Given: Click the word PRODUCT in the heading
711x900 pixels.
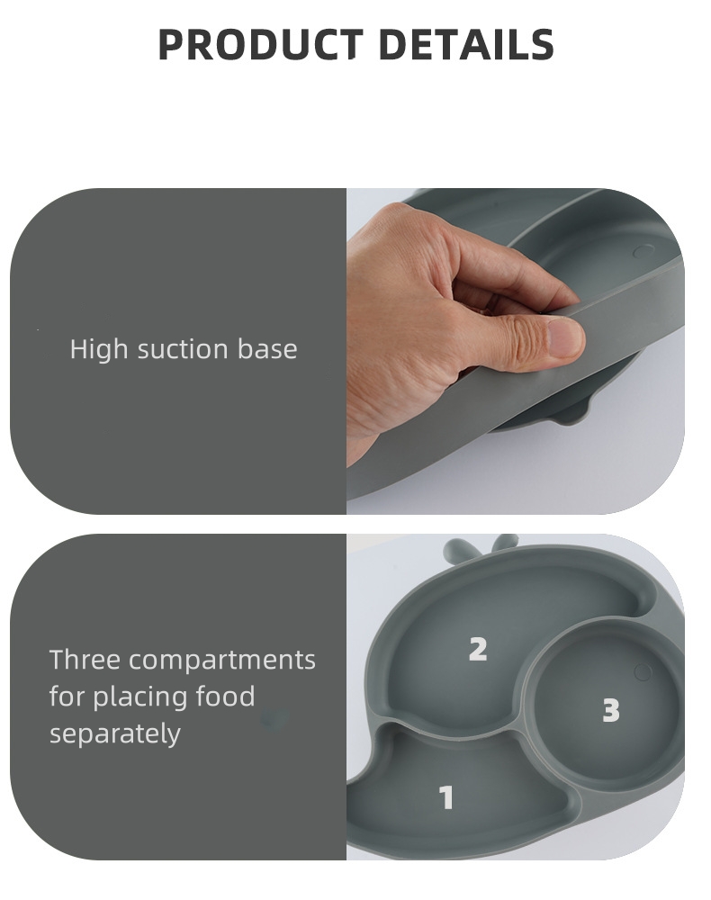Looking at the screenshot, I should coord(258,45).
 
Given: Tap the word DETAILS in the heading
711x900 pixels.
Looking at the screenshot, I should coord(466,45).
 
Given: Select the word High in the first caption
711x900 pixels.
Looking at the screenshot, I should coord(99,349).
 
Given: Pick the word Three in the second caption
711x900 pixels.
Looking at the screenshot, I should coord(85,660).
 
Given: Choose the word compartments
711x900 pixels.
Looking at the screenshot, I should coord(222,661).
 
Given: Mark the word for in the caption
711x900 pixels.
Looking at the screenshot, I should coord(67,697).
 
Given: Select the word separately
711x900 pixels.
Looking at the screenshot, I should coord(115,733).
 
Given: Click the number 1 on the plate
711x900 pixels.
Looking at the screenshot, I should coord(446,797).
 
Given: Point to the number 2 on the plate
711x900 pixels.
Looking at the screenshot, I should coord(478,649).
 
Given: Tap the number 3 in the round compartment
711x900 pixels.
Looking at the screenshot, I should coord(611,711).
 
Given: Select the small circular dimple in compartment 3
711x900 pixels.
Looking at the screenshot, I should coord(643,671).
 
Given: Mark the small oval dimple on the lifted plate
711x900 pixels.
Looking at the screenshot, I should coord(643,251).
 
